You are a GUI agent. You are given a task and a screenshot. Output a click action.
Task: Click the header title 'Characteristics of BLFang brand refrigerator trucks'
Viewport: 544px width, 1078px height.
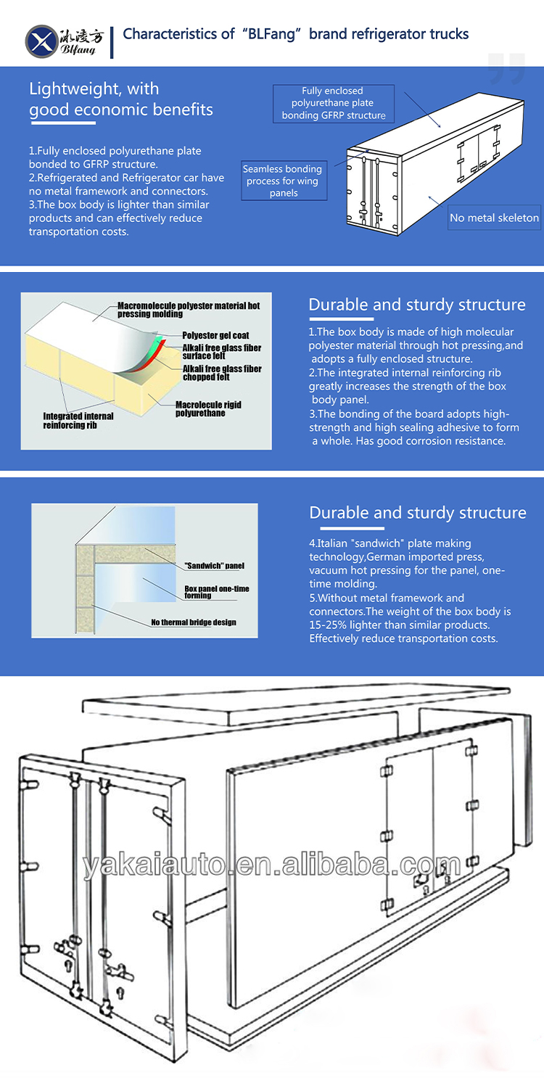296,33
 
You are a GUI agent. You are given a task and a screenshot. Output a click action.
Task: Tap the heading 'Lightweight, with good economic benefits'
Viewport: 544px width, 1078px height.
120,99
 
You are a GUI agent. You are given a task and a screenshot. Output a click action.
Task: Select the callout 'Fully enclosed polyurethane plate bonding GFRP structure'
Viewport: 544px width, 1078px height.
334,103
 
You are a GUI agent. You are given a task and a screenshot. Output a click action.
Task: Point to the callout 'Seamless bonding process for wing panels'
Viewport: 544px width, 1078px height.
283,181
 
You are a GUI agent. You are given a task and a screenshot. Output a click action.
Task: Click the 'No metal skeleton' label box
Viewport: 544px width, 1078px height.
494,218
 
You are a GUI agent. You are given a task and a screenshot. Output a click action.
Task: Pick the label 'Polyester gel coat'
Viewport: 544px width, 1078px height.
215,336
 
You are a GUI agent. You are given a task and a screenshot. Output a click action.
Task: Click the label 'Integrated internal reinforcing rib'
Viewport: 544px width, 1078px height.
78,420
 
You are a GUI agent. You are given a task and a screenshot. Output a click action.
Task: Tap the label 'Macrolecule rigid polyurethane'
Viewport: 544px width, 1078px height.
208,408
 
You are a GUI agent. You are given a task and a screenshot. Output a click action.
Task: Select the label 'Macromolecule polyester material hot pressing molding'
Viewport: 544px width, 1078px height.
189,310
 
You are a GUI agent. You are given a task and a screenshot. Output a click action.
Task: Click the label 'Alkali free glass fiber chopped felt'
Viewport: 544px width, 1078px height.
222,373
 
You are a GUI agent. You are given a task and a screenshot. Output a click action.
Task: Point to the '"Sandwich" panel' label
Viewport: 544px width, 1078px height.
214,565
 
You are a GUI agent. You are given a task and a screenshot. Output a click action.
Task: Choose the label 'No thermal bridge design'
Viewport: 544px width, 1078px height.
194,622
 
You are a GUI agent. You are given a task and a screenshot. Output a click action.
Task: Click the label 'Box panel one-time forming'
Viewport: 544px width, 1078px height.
217,592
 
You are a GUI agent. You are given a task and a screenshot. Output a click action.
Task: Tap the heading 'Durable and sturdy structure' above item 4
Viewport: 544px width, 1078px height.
417,513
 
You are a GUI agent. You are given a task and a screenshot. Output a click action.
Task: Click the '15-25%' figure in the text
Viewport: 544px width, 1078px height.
330,625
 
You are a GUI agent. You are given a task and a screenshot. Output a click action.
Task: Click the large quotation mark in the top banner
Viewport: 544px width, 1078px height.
506,70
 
